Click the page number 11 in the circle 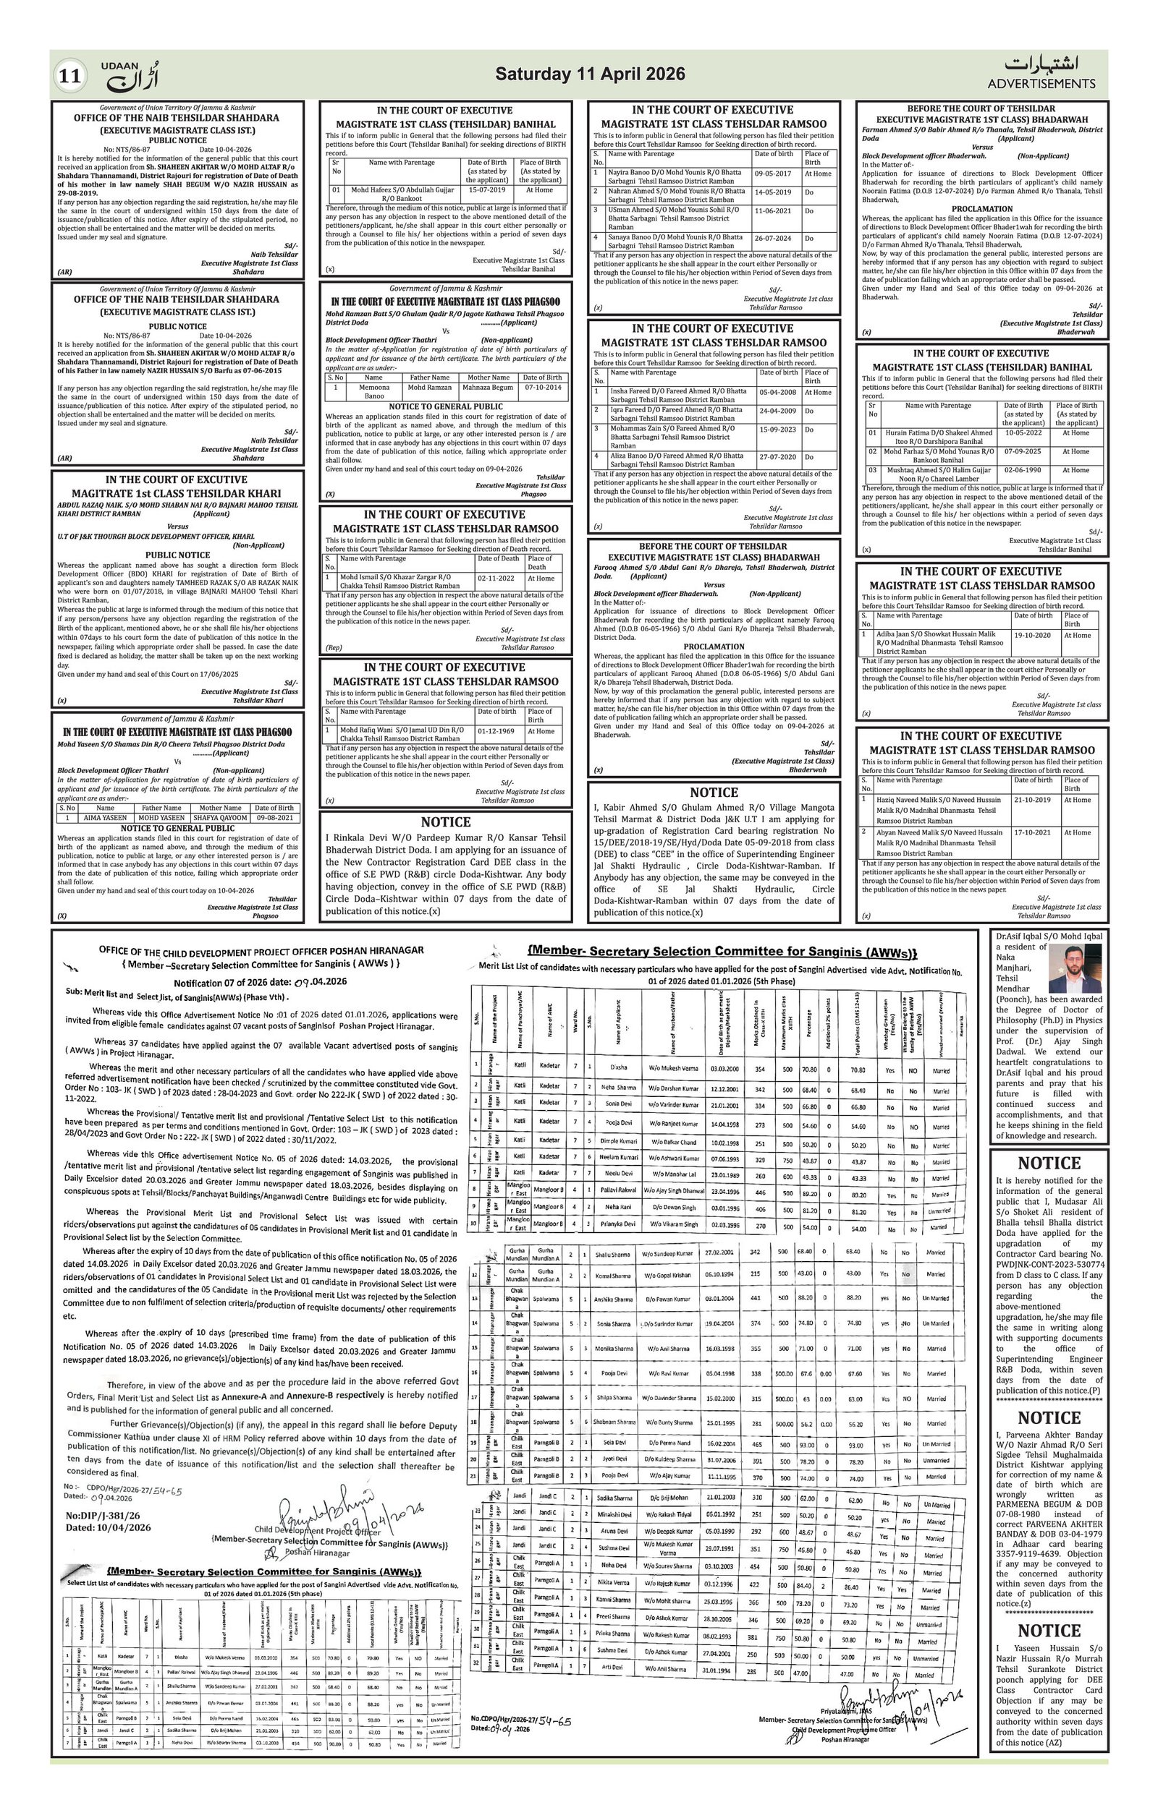point(70,76)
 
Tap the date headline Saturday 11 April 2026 point(590,74)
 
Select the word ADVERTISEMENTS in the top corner point(1041,84)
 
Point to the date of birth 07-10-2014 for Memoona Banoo point(541,388)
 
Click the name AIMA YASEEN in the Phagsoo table point(106,818)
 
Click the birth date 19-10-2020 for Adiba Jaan point(1033,635)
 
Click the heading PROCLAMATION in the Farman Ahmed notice point(981,208)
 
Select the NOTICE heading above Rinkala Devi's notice point(446,822)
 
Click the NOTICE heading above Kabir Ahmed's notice point(714,792)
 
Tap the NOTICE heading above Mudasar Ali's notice point(1049,1164)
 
